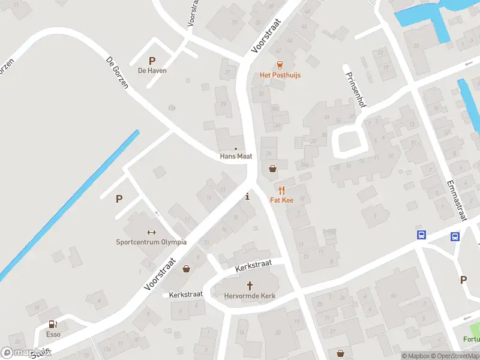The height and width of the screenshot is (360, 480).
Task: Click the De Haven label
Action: (x=152, y=70)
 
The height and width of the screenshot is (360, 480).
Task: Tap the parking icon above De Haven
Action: (x=152, y=60)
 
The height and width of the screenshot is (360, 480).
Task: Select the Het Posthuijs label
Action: (x=280, y=75)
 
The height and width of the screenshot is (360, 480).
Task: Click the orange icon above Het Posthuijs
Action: (x=279, y=65)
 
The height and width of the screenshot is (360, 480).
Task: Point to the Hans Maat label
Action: (x=236, y=156)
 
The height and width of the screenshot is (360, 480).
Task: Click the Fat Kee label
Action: (x=281, y=200)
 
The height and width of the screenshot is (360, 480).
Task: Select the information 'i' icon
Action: (x=248, y=196)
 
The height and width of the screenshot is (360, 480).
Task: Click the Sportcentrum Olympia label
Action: (x=151, y=242)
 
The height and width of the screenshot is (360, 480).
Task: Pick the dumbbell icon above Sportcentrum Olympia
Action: (x=151, y=232)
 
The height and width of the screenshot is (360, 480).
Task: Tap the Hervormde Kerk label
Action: (x=248, y=296)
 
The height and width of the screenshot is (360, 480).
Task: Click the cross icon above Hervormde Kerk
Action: (x=249, y=286)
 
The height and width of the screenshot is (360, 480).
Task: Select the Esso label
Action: (x=53, y=334)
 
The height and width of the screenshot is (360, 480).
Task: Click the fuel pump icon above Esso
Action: (x=53, y=324)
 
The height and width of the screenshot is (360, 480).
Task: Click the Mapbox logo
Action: (x=25, y=352)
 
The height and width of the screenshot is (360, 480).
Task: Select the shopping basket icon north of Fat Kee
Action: (x=273, y=169)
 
